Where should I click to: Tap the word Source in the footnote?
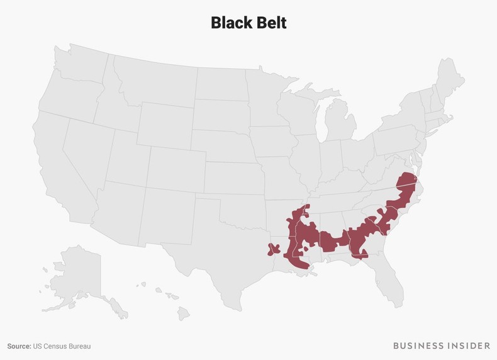(19, 346)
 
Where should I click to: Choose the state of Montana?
(151, 82)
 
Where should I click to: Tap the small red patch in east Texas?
(274, 249)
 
